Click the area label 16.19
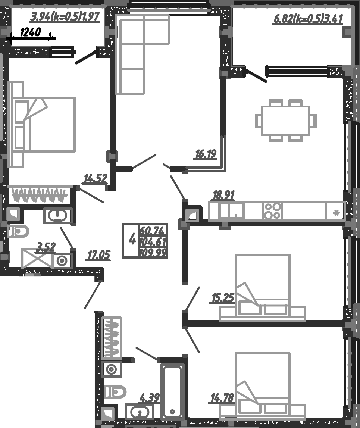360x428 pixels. point(206,154)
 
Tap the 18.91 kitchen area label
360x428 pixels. point(223,195)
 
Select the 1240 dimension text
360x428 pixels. point(30,32)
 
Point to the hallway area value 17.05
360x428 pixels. point(98,255)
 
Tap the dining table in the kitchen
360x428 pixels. point(286,121)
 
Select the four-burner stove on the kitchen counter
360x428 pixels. point(272,211)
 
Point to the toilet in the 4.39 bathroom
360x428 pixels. point(115,392)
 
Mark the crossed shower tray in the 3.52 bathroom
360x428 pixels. point(37,258)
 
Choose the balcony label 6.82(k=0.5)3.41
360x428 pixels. point(308,19)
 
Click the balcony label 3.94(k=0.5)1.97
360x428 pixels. point(65,17)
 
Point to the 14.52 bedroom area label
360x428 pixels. point(95,179)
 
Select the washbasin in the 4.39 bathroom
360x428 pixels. point(138,412)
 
